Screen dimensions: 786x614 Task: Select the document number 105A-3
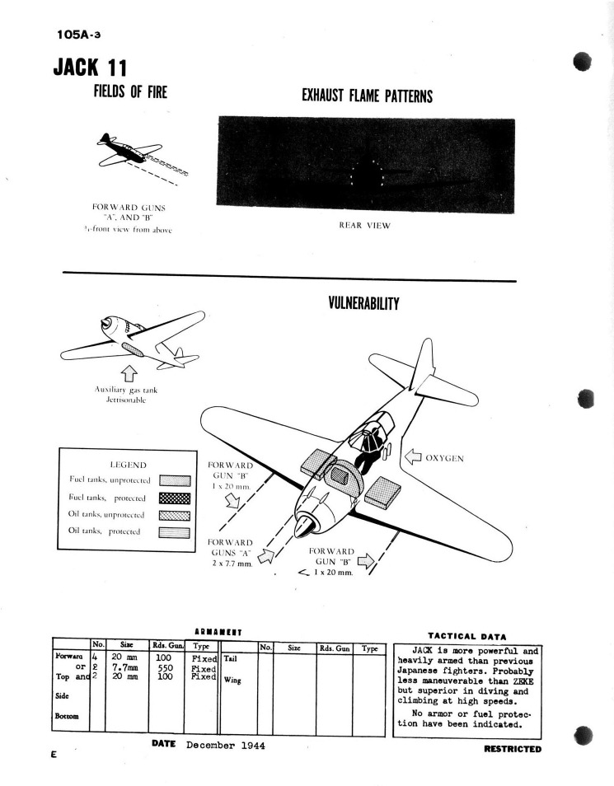(81, 35)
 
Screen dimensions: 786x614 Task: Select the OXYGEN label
(445, 458)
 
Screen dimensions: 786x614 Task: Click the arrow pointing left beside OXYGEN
(411, 458)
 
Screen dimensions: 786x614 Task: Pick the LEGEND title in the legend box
(127, 464)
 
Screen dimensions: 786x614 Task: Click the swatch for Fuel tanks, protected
(174, 498)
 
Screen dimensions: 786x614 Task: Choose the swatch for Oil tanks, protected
(174, 532)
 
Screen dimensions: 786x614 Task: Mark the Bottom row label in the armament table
(68, 716)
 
